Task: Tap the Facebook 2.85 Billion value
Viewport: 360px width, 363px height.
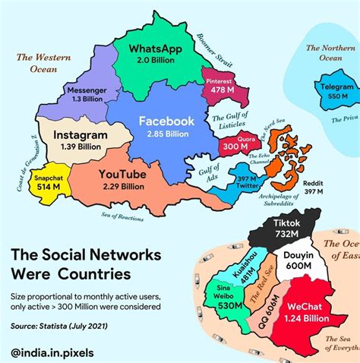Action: pyautogui.click(x=166, y=134)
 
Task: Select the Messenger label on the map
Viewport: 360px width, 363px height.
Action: pyautogui.click(x=87, y=89)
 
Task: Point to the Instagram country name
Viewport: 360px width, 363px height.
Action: pyautogui.click(x=81, y=134)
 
